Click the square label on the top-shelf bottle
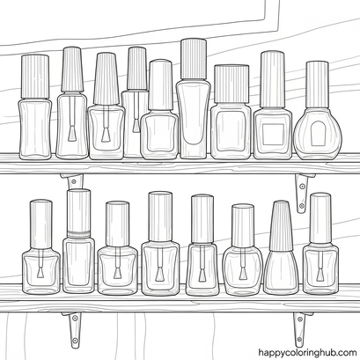pyautogui.click(x=273, y=134)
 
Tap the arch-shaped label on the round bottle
pyautogui.click(x=318, y=134)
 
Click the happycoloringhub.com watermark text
pyautogui.click(x=307, y=352)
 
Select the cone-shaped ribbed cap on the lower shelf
pyautogui.click(x=281, y=226)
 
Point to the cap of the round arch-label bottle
pyautogui.click(x=317, y=84)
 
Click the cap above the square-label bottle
pyautogui.click(x=273, y=79)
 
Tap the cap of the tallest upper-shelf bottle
pyautogui.click(x=194, y=59)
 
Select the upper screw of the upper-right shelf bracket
pyautogui.click(x=302, y=186)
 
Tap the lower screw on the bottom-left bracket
pyautogui.click(x=75, y=341)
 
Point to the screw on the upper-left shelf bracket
pyautogui.click(x=74, y=181)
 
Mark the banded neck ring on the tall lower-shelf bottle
pyautogui.click(x=78, y=234)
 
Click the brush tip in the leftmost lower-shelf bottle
pyautogui.click(x=40, y=273)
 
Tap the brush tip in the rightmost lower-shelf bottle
pyautogui.click(x=320, y=275)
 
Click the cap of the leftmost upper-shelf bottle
pyautogui.click(x=35, y=77)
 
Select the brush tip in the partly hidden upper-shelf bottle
pyautogui.click(x=136, y=126)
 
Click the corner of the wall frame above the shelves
pyautogui.click(x=278, y=30)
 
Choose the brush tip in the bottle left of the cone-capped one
pyautogui.click(x=243, y=274)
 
